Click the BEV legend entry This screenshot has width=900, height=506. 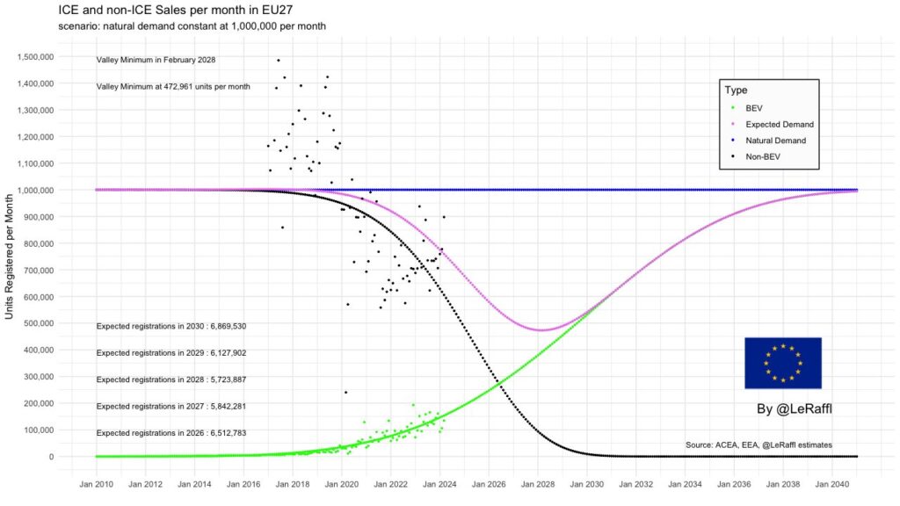tap(753, 108)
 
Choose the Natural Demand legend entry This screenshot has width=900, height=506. tap(775, 141)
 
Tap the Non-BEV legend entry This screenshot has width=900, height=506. tap(762, 156)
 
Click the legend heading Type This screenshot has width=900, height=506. tap(736, 90)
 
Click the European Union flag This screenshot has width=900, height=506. tap(782, 363)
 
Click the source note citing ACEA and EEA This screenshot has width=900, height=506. tap(758, 445)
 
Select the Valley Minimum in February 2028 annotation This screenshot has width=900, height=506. tap(156, 60)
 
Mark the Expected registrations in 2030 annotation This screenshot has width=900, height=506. tap(171, 326)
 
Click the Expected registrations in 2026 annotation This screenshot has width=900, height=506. tap(171, 433)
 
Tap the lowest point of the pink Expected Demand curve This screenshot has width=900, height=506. tap(542, 330)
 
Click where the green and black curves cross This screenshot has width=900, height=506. tap(500, 383)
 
